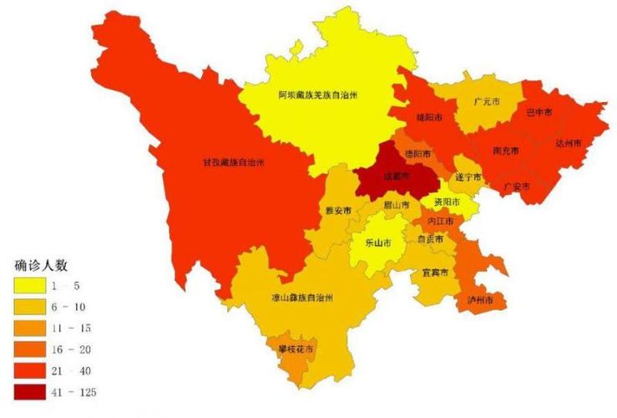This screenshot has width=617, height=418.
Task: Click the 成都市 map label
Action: [397, 176]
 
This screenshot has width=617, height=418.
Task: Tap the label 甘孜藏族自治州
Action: [230, 161]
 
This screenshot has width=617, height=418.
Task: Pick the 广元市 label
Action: [487, 101]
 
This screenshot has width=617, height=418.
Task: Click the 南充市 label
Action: [506, 150]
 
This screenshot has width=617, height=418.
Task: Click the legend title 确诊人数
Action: [41, 265]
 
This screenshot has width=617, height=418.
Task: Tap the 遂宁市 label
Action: [468, 178]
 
